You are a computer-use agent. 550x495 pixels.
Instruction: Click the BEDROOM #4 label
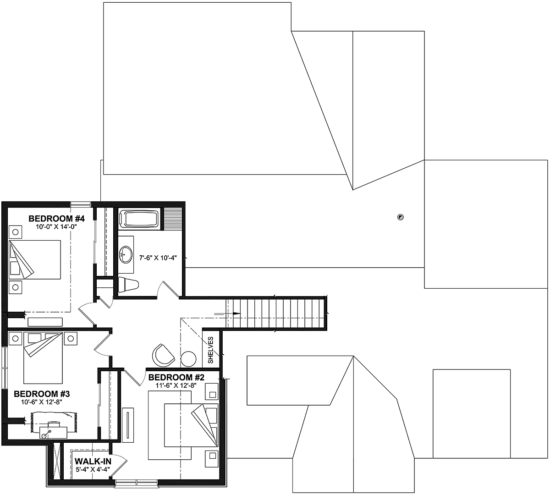(56, 219)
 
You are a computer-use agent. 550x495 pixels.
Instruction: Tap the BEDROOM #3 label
(42, 394)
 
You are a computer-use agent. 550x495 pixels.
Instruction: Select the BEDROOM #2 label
(176, 377)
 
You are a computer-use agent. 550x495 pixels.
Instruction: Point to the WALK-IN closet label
(93, 461)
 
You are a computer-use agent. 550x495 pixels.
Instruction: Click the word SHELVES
(210, 350)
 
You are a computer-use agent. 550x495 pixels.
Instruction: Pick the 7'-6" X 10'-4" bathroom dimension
(158, 258)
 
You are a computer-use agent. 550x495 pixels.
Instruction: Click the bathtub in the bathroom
(139, 219)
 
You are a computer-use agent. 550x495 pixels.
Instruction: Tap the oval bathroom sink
(126, 254)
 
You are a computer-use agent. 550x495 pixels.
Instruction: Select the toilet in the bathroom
(128, 285)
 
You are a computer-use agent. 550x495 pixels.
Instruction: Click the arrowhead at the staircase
(237, 313)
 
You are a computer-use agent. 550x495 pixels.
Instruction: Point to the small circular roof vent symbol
(400, 217)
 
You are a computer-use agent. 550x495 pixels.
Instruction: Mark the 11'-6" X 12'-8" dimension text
(176, 385)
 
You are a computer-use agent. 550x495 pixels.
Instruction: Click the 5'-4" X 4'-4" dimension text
(93, 469)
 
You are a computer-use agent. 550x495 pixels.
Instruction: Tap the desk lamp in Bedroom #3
(46, 434)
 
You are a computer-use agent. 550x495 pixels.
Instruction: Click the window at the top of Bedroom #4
(80, 204)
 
